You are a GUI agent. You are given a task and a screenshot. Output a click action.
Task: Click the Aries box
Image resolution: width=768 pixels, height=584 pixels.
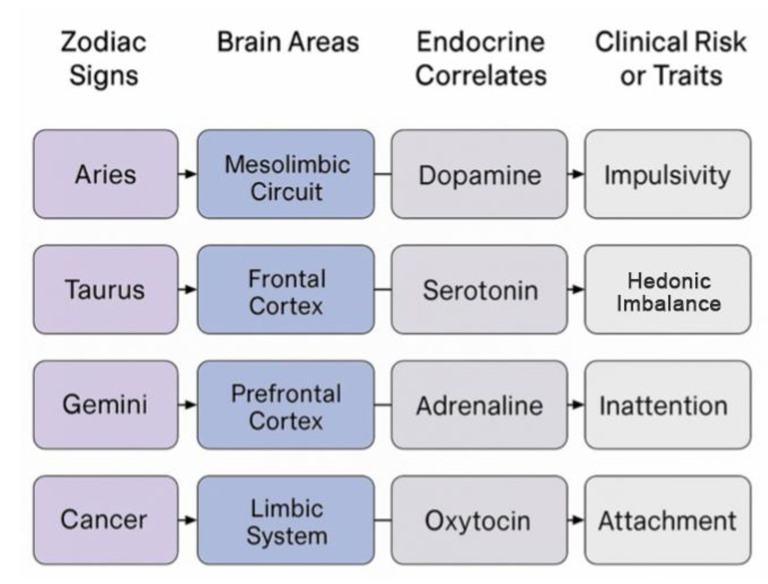pyautogui.click(x=106, y=174)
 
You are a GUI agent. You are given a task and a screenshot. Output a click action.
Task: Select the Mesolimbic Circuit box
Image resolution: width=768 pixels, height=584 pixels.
pyautogui.click(x=286, y=174)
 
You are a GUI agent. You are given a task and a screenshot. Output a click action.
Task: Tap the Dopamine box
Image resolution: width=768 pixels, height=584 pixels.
pyautogui.click(x=479, y=174)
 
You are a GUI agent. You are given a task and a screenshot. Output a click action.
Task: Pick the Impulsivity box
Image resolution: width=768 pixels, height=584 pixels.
pyautogui.click(x=668, y=174)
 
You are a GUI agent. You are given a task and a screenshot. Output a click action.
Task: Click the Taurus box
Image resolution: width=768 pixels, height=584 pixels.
pyautogui.click(x=106, y=290)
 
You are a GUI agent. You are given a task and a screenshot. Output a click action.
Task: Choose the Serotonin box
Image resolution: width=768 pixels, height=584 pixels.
pyautogui.click(x=479, y=290)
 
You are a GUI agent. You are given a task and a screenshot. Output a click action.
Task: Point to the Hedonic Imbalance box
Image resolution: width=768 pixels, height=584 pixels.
pyautogui.click(x=668, y=290)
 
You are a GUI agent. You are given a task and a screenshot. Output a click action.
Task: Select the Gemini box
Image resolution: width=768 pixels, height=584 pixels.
pyautogui.click(x=106, y=405)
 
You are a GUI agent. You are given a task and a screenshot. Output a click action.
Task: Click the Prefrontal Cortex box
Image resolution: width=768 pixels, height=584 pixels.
pyautogui.click(x=286, y=405)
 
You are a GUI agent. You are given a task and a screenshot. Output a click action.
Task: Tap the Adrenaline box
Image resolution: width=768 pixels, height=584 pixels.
pyautogui.click(x=479, y=405)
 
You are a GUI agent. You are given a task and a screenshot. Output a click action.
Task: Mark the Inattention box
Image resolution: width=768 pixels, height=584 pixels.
pyautogui.click(x=668, y=405)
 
